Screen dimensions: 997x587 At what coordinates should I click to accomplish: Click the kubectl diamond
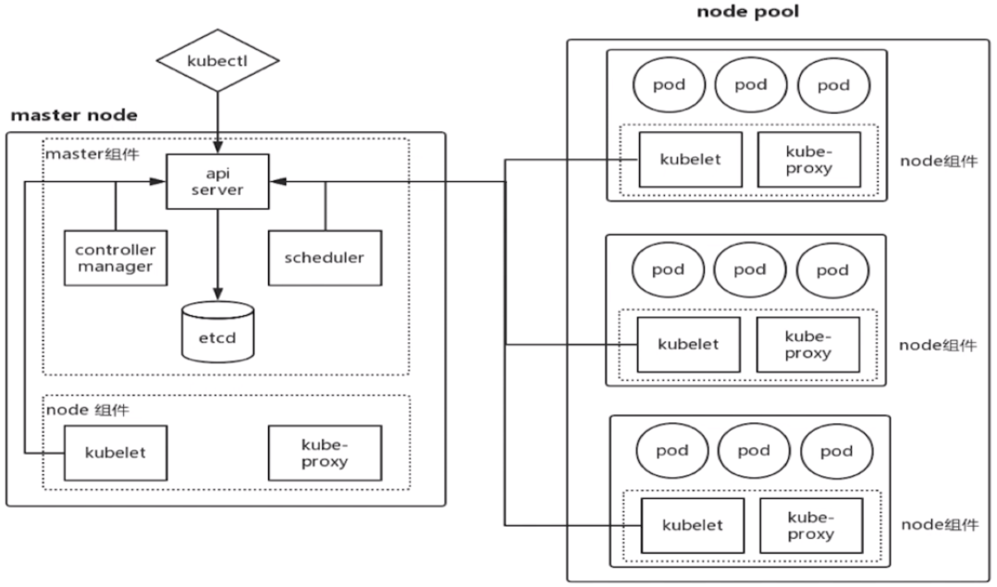pyautogui.click(x=217, y=60)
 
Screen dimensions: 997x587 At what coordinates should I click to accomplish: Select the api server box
pyautogui.click(x=217, y=182)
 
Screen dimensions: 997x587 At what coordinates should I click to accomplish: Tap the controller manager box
pyautogui.click(x=116, y=258)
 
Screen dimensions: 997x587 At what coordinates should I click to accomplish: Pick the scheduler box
pyautogui.click(x=325, y=258)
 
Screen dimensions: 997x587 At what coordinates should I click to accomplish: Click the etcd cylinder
pyautogui.click(x=217, y=332)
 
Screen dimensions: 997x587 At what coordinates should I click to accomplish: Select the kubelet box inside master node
pyautogui.click(x=116, y=453)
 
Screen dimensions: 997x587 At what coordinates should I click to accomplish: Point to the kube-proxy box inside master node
pyautogui.click(x=325, y=453)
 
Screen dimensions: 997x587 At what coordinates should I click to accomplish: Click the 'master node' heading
pyautogui.click(x=74, y=115)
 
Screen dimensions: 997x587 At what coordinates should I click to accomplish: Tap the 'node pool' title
pyautogui.click(x=747, y=11)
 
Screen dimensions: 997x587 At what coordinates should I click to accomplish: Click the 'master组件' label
pyautogui.click(x=92, y=154)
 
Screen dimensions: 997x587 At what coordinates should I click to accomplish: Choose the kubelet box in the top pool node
pyautogui.click(x=691, y=159)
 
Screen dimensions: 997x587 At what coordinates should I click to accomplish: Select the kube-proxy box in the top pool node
pyautogui.click(x=808, y=159)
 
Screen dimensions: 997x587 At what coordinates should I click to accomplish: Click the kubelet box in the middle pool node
pyautogui.click(x=689, y=344)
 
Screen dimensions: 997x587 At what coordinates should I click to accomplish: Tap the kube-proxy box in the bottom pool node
pyautogui.click(x=811, y=525)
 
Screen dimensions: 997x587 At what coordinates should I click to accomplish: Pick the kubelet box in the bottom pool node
pyautogui.click(x=693, y=525)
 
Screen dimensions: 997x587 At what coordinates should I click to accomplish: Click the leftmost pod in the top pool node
pyautogui.click(x=669, y=85)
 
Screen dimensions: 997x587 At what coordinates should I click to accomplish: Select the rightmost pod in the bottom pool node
pyautogui.click(x=836, y=451)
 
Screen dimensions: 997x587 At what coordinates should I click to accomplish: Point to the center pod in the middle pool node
pyautogui.click(x=750, y=270)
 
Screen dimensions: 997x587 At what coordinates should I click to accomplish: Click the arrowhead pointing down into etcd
pyautogui.click(x=217, y=293)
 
